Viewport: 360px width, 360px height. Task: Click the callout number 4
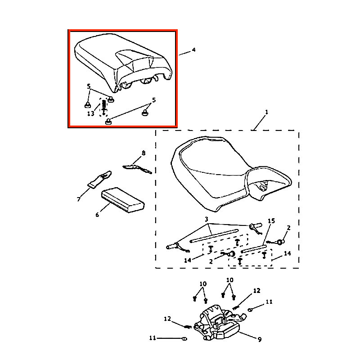[x=193, y=49]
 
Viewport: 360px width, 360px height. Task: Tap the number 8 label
[x=144, y=153]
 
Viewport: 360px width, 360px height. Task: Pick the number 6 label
[x=97, y=215]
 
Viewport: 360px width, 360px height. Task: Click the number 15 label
[x=271, y=221]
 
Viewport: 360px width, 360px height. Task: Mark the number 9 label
[x=260, y=339]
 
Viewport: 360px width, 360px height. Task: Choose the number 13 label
[x=90, y=114]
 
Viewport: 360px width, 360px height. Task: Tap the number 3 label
[x=207, y=219]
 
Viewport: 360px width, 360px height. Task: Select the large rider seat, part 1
[x=225, y=175]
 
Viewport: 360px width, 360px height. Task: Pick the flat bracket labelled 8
[x=137, y=167]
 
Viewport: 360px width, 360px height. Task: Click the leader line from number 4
[x=184, y=53]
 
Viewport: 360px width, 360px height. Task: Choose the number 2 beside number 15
[x=289, y=228]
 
